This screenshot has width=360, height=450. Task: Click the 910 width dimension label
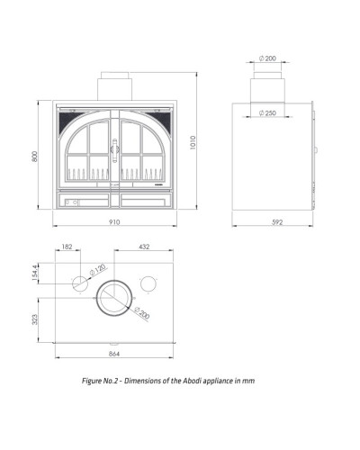[114, 222]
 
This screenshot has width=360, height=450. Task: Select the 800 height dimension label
[35, 157]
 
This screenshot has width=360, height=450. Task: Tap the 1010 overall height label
[193, 142]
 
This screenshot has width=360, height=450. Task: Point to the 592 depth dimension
[277, 222]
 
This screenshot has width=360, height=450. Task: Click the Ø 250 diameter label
[267, 113]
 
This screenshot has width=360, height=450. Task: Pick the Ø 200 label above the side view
[267, 58]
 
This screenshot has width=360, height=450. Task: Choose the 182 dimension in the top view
[67, 247]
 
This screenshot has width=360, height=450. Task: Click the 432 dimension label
[144, 247]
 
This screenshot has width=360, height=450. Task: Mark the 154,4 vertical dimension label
[35, 274]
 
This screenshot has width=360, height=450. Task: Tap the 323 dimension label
[35, 319]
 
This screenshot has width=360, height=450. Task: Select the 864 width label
[114, 354]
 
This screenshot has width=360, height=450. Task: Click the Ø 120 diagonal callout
[98, 269]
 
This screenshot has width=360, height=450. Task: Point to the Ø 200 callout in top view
[142, 313]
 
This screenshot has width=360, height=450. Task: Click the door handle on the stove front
[114, 150]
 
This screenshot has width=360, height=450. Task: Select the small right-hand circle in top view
[148, 283]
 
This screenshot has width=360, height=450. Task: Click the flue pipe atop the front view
[114, 86]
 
